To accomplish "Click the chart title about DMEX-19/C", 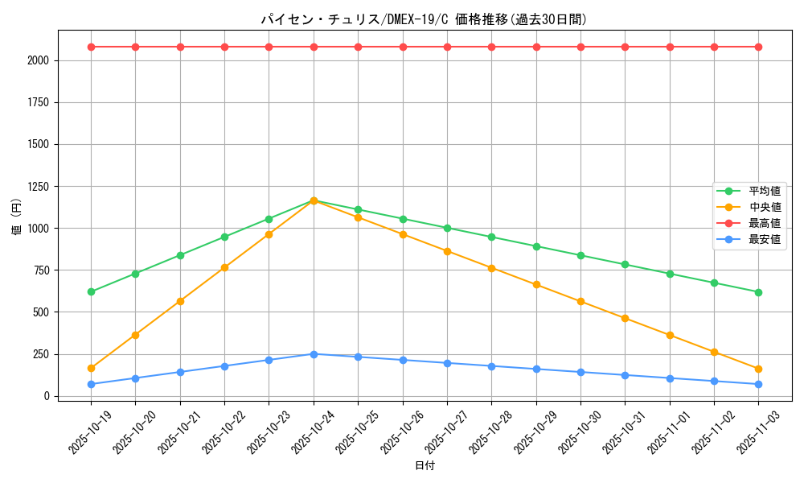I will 424,19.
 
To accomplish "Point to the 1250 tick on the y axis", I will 37,187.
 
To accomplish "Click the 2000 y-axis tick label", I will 37,60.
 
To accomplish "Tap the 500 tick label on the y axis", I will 40,312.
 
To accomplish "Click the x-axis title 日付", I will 425,466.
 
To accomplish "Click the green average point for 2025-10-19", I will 91,291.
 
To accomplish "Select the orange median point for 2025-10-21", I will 180,301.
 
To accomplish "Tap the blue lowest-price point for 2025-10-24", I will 314,354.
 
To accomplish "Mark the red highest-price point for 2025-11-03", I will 758,47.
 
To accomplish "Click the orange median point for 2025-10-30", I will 580,301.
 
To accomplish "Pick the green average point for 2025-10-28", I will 491,237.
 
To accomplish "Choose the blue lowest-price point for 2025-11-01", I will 670,378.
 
